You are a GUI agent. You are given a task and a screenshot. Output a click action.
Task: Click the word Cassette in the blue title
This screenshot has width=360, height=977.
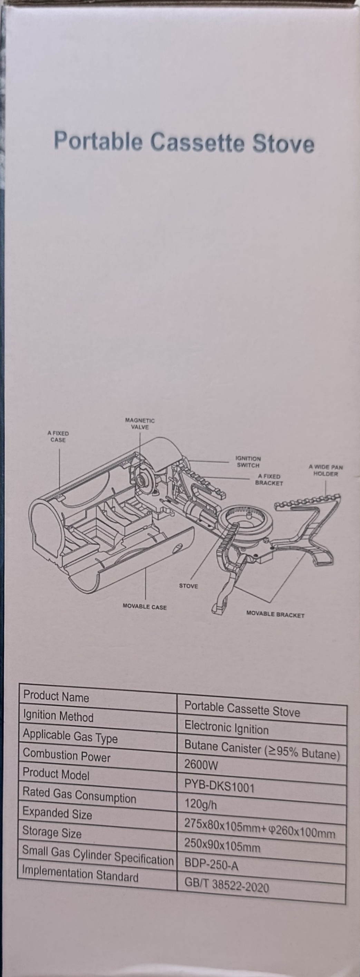(x=197, y=143)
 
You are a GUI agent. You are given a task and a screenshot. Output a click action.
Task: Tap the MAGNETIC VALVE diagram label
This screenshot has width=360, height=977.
(x=140, y=424)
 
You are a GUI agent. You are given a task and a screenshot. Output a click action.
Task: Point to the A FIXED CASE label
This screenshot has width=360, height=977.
(x=58, y=437)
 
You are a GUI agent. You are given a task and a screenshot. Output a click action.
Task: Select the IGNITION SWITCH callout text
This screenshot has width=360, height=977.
(x=248, y=462)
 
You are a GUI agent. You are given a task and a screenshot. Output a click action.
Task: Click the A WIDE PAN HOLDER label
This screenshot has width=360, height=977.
(x=326, y=470)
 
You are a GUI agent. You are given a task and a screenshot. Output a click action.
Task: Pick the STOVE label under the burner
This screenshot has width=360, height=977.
(x=188, y=586)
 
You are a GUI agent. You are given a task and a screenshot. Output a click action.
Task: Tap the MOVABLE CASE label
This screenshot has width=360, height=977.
(x=145, y=607)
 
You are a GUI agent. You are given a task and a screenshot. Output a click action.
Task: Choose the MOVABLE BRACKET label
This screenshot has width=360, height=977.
(x=275, y=614)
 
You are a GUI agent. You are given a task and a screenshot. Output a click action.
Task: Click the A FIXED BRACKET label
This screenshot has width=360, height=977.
(x=269, y=480)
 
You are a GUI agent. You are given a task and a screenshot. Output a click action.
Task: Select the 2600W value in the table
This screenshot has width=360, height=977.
(x=201, y=765)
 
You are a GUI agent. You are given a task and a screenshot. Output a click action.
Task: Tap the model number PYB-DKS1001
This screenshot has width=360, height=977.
(x=219, y=785)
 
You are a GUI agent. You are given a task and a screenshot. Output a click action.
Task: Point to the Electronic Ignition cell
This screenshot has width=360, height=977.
(x=226, y=727)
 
